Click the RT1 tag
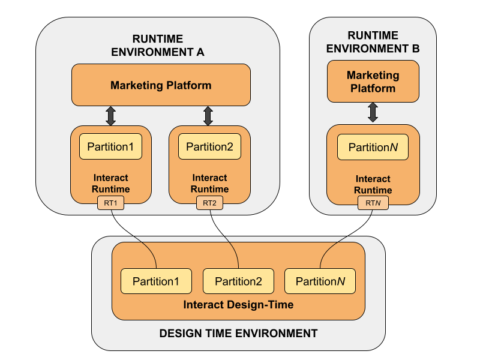click(x=110, y=204)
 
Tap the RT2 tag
click(x=209, y=204)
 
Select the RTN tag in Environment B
click(x=373, y=204)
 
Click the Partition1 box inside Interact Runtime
click(x=110, y=147)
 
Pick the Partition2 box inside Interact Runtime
click(x=209, y=147)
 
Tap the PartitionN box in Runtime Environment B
click(x=373, y=148)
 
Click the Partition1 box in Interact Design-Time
click(x=156, y=281)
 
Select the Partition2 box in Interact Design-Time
click(x=238, y=281)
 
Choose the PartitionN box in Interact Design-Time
click(x=320, y=281)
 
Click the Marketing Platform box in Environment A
click(x=161, y=85)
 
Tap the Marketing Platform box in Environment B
click(x=373, y=82)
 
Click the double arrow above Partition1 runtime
click(x=110, y=116)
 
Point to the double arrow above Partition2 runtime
click(x=208, y=116)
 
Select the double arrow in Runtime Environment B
click(x=373, y=113)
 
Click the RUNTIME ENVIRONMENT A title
click(x=158, y=46)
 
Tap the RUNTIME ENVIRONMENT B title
click(x=373, y=43)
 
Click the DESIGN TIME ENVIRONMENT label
click(x=238, y=333)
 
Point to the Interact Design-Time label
click(x=238, y=305)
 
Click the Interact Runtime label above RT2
click(x=209, y=184)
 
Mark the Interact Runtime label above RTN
click(x=373, y=184)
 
